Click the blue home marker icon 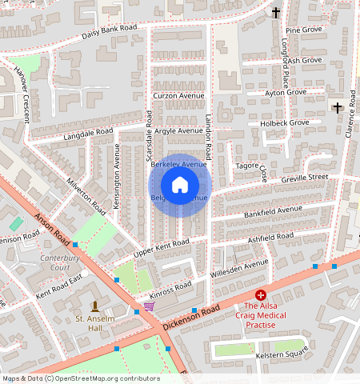point(180,185)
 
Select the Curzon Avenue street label point(178,96)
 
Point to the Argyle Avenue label point(178,130)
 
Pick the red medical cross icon point(260,295)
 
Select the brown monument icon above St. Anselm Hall point(95,306)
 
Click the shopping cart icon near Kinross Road point(149,305)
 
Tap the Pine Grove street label point(303,30)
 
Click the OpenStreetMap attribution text point(81,378)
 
